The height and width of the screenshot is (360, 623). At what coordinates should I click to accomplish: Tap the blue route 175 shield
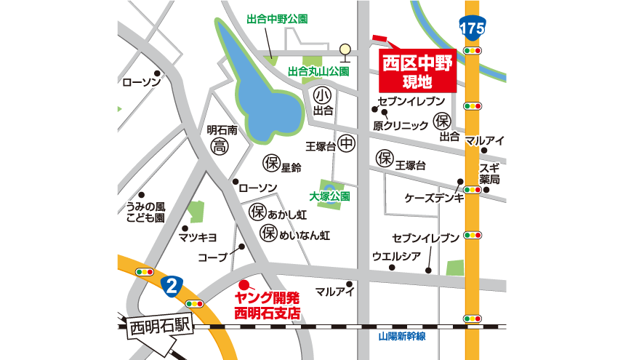[473, 28]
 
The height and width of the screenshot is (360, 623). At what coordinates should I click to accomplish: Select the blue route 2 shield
[171, 285]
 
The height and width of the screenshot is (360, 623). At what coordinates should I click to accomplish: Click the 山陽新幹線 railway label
[401, 337]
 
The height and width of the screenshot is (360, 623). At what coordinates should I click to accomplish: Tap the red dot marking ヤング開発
[244, 284]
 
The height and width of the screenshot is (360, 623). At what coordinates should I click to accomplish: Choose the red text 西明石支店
[268, 313]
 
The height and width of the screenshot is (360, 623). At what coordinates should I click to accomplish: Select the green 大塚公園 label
[330, 196]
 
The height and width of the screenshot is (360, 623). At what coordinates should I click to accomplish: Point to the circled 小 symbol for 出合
[323, 95]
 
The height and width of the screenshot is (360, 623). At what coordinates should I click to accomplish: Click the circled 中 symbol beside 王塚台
[347, 145]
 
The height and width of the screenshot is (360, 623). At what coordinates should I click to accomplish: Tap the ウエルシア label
[395, 256]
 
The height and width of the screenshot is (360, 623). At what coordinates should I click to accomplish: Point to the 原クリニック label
[401, 126]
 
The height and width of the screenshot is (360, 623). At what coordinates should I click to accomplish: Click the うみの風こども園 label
[145, 212]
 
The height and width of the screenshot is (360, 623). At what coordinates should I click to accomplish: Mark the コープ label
[212, 257]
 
